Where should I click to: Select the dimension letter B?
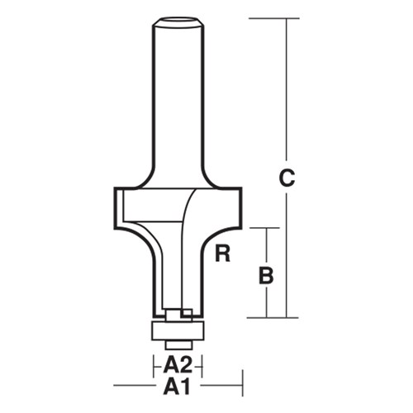[x=265, y=275]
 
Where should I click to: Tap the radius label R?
[x=221, y=254]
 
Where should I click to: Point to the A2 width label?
[x=177, y=365]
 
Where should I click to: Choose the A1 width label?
[x=177, y=385]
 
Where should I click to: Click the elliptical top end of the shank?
[x=177, y=21]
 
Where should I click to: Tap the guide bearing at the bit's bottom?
[x=177, y=329]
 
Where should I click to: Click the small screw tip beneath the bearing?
[x=177, y=343]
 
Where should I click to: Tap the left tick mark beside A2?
[x=153, y=365]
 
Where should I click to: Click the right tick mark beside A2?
[x=202, y=365]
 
